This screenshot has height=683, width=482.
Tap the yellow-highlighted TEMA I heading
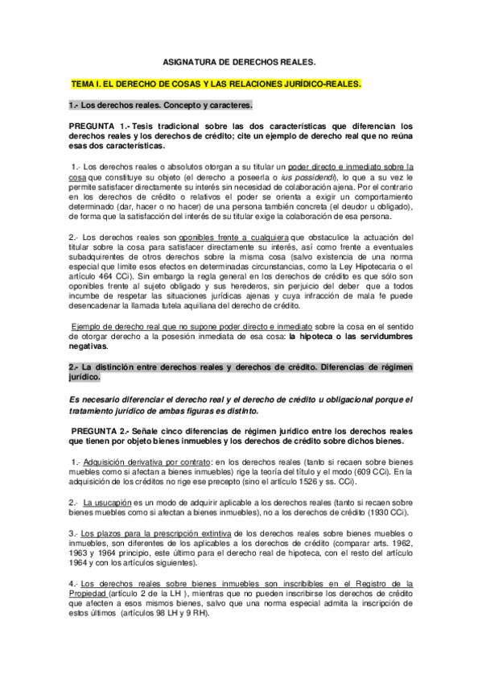(216, 84)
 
